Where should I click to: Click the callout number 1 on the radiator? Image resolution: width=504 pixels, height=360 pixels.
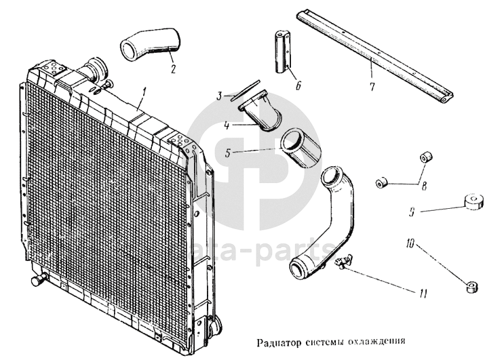(144, 94)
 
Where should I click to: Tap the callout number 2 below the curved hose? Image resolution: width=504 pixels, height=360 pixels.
(173, 69)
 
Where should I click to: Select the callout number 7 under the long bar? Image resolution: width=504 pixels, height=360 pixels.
(372, 86)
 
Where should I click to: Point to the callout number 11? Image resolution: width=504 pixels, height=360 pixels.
(423, 293)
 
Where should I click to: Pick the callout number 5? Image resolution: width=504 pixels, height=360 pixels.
(228, 153)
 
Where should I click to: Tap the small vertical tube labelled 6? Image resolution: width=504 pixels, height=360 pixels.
(283, 52)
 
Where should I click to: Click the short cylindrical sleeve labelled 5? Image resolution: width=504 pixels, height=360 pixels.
(301, 148)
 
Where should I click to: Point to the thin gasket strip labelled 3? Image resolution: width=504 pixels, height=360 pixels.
(245, 91)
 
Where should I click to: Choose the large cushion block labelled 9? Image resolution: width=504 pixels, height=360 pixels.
(473, 202)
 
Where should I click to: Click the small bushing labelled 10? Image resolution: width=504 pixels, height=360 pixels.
(471, 287)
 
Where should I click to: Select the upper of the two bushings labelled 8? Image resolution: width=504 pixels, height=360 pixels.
(426, 158)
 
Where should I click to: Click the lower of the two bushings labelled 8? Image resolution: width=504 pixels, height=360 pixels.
(381, 182)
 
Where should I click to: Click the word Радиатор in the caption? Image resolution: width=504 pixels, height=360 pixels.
(279, 342)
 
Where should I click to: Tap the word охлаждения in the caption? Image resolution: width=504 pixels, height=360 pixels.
(376, 341)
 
